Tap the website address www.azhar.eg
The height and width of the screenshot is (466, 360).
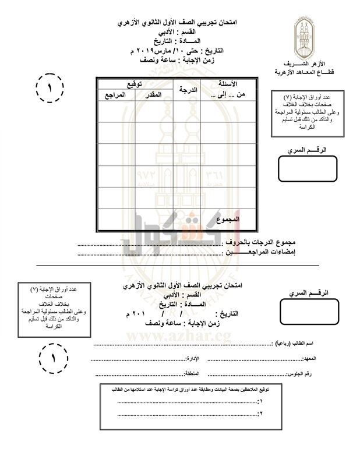[181, 336]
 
